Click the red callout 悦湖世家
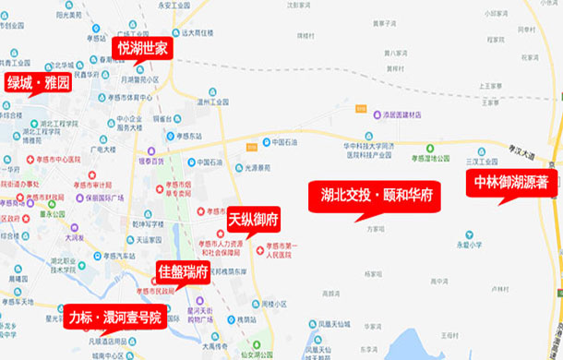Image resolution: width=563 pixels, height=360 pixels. (140, 49)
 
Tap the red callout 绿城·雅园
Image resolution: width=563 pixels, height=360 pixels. (39, 84)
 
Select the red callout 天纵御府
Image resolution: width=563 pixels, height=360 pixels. (253, 221)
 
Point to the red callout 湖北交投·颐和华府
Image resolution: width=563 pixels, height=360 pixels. (376, 197)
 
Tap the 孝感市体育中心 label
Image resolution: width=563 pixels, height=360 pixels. (130, 97)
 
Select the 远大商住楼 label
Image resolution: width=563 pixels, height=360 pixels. (197, 33)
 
